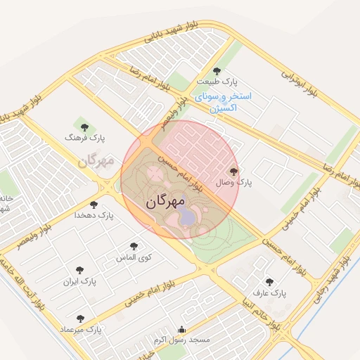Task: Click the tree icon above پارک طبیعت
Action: (x=217, y=70)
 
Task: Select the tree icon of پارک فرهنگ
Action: (x=84, y=127)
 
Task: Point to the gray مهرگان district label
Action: (x=96, y=161)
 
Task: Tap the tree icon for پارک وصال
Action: (x=234, y=171)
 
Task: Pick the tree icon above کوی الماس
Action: (x=134, y=246)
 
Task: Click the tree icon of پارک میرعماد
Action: (x=80, y=319)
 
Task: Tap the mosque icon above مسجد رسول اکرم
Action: (x=182, y=329)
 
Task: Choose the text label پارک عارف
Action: (x=269, y=292)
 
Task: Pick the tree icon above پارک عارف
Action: (x=269, y=282)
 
